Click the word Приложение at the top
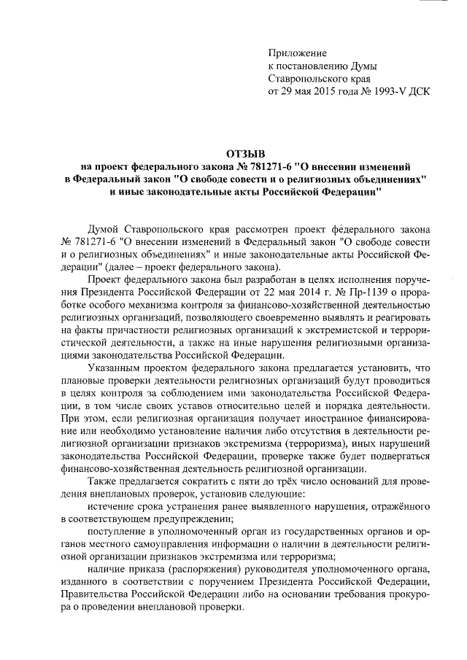[298, 53]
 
